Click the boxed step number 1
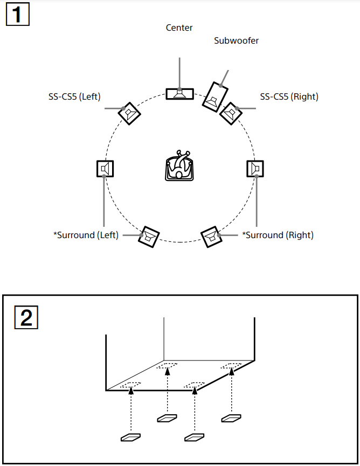pyautogui.click(x=17, y=15)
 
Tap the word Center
pyautogui.click(x=179, y=27)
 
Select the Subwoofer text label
pyautogui.click(x=236, y=40)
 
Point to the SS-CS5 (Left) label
pyautogui.click(x=74, y=96)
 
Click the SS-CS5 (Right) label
pyautogui.click(x=289, y=96)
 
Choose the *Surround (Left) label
pyautogui.click(x=86, y=235)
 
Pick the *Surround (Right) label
pyautogui.click(x=278, y=235)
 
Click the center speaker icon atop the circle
pyautogui.click(x=179, y=93)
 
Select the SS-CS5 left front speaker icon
pyautogui.click(x=129, y=113)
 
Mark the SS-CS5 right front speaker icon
pyautogui.click(x=231, y=113)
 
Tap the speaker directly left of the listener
pyautogui.click(x=105, y=169)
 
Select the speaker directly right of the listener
pyautogui.click(x=255, y=169)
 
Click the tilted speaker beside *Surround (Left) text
pyautogui.click(x=148, y=236)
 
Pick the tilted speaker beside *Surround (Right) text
pyautogui.click(x=212, y=236)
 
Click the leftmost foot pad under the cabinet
pyautogui.click(x=131, y=437)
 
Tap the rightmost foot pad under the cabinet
pyautogui.click(x=232, y=418)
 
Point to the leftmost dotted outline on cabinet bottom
pyautogui.click(x=130, y=385)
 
